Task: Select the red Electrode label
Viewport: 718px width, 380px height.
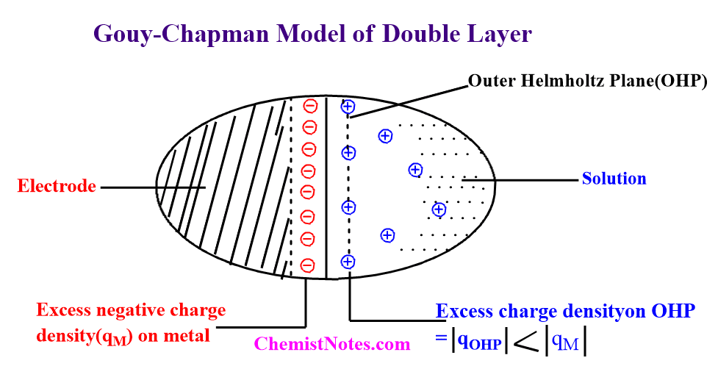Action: coord(57,187)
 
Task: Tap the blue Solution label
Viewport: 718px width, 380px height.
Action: coord(614,179)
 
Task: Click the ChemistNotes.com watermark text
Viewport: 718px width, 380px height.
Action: coord(332,344)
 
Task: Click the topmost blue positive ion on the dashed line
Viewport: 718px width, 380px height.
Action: coord(348,107)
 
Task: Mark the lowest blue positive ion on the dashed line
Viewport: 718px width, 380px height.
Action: coord(348,261)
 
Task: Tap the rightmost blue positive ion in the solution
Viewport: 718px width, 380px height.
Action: coord(439,209)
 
